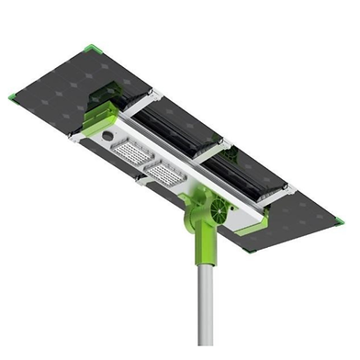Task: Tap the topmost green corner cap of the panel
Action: tap(90, 48)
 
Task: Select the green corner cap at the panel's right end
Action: tap(338, 220)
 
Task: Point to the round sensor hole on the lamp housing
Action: tap(108, 135)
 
